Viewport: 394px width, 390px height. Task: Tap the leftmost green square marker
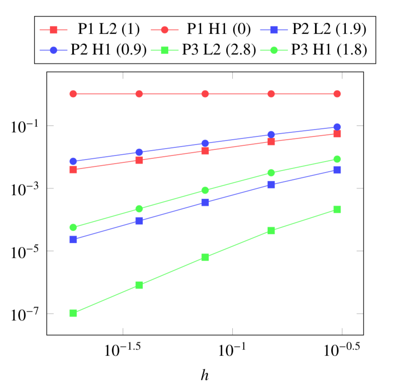point(73,313)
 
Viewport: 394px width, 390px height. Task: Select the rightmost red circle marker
point(337,94)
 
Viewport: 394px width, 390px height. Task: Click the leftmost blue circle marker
point(73,161)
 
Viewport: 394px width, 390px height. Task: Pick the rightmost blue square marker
point(337,170)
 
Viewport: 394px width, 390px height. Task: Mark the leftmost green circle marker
point(73,227)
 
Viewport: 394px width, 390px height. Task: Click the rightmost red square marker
point(337,134)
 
